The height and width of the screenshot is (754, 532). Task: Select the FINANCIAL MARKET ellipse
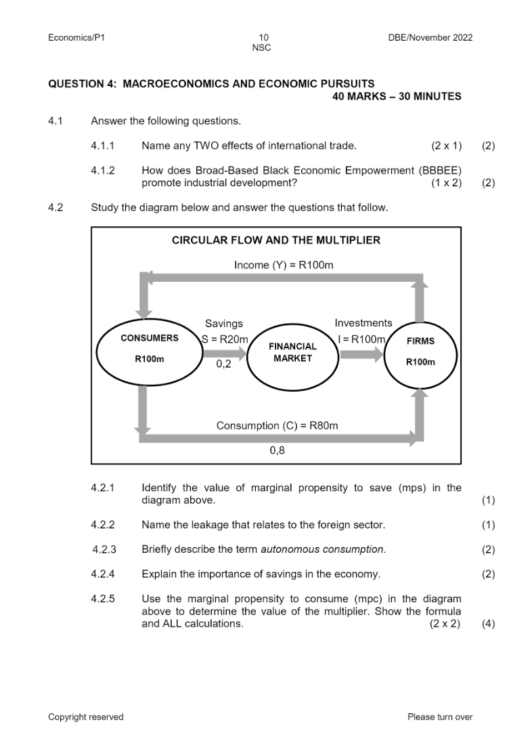click(x=292, y=353)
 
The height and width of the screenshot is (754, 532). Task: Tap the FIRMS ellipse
click(x=420, y=352)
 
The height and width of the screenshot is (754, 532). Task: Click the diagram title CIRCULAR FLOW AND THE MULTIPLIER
click(x=276, y=240)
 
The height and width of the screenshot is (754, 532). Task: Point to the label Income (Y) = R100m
click(x=284, y=265)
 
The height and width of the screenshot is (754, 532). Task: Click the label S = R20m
click(x=225, y=339)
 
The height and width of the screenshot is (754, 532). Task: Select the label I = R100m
click(x=360, y=339)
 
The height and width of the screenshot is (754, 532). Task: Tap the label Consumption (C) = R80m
click(x=277, y=425)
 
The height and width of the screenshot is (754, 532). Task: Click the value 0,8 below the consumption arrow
click(x=277, y=451)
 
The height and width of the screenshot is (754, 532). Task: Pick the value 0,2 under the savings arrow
click(x=223, y=364)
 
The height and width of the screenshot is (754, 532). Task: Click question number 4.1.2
click(x=103, y=171)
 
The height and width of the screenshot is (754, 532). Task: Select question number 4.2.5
click(x=103, y=599)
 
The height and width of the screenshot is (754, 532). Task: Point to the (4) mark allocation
click(x=488, y=624)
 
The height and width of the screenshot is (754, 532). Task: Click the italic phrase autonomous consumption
click(x=323, y=549)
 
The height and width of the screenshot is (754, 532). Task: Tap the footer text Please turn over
click(x=440, y=717)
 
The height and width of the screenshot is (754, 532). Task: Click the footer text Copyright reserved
click(x=86, y=717)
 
